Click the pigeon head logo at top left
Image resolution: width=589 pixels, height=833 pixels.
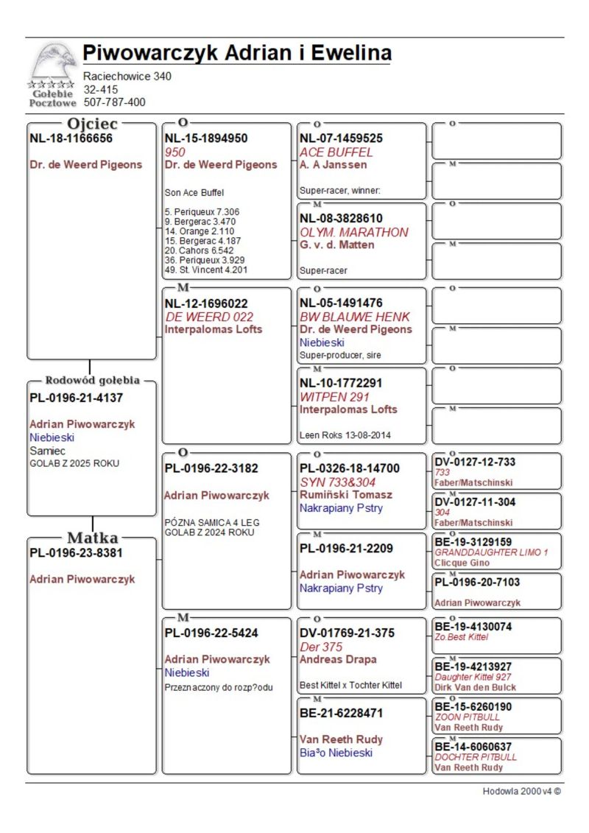click(x=52, y=64)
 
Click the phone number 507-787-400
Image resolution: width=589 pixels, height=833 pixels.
click(x=114, y=102)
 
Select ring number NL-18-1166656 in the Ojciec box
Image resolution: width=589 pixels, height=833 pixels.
click(x=71, y=138)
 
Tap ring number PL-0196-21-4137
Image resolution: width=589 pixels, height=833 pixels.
click(x=76, y=398)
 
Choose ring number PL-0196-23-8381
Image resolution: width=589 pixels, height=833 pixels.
click(x=76, y=552)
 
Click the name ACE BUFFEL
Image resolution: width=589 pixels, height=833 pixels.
click(x=336, y=152)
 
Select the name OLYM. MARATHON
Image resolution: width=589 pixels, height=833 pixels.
click(x=353, y=232)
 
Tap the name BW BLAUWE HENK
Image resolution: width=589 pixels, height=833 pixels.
click(x=355, y=317)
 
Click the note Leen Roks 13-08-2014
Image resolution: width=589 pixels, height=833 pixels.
click(x=345, y=435)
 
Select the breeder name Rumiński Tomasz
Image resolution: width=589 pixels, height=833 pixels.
click(x=346, y=495)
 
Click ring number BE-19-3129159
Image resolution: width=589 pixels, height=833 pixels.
click(x=473, y=541)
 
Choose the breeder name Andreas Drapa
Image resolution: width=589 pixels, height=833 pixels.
click(x=338, y=659)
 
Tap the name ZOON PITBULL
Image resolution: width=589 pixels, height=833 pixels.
click(x=467, y=717)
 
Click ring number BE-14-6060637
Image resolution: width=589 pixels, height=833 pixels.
click(x=473, y=746)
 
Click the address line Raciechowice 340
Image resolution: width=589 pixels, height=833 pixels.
click(x=127, y=76)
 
